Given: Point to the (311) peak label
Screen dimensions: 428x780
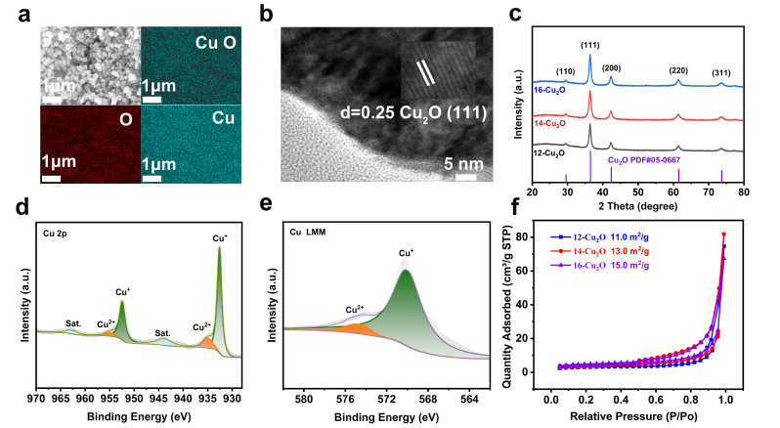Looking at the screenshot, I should coord(722,71).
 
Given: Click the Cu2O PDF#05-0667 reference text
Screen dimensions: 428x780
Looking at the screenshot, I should coord(645,159).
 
